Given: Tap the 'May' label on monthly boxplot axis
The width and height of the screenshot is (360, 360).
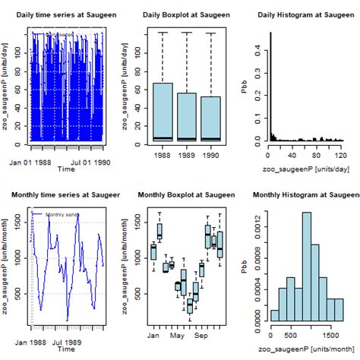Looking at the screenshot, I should pos(178,335).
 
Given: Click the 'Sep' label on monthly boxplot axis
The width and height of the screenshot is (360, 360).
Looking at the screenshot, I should pos(202,335).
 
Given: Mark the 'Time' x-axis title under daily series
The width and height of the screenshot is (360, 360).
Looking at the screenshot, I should pos(67,171).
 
